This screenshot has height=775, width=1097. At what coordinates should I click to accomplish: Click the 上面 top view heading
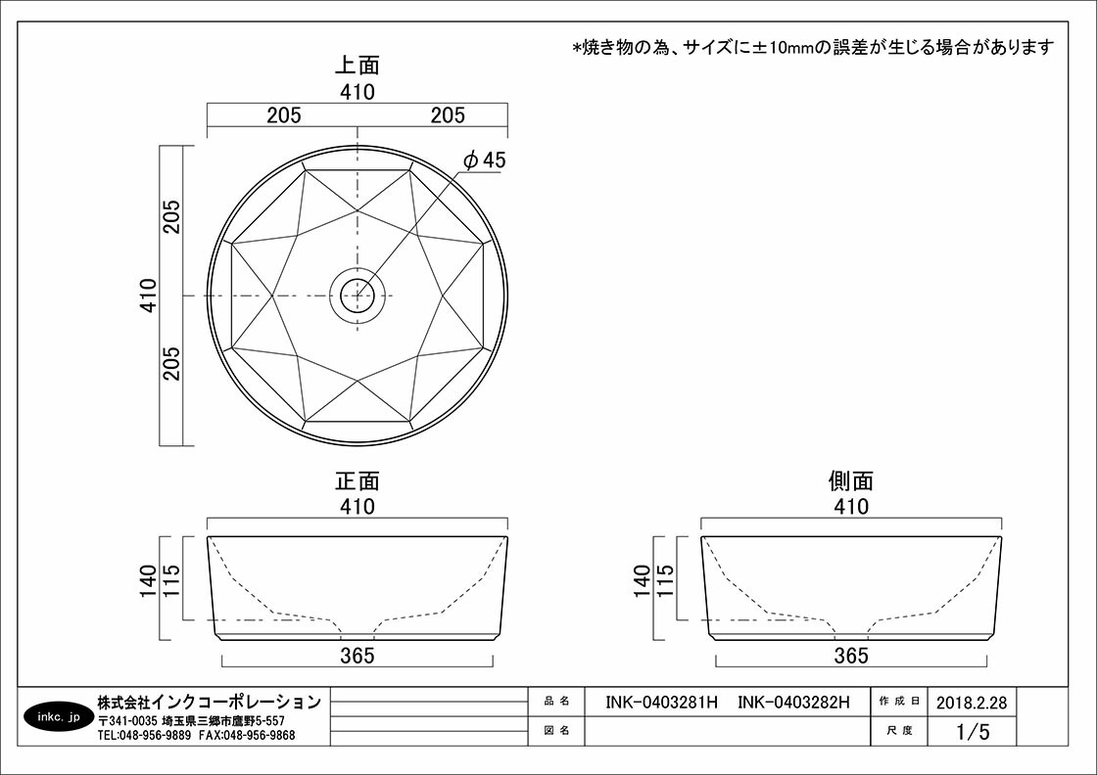point(357,65)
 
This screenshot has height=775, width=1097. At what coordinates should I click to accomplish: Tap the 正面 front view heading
point(357,480)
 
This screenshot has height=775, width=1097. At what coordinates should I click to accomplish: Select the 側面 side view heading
point(851,480)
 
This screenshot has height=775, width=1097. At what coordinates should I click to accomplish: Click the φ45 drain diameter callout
point(484,160)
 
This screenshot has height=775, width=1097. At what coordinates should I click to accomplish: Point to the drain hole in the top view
point(358,296)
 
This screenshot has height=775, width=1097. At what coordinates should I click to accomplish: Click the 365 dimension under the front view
point(358,656)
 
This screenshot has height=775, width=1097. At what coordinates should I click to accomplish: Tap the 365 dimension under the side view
point(851,656)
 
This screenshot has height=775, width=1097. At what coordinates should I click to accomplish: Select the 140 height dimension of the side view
point(643,580)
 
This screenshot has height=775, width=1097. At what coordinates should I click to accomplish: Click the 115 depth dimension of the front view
point(171,580)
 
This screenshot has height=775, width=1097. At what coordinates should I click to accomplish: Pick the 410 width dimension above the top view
point(358,92)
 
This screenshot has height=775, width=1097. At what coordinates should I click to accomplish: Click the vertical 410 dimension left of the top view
point(148,295)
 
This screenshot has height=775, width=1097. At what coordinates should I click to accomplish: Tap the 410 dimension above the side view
point(851,506)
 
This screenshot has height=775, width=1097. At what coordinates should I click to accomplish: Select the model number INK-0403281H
point(662,703)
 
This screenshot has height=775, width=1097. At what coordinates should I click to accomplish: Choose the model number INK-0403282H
point(793,703)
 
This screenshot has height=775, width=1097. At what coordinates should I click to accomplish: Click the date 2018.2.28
point(972,703)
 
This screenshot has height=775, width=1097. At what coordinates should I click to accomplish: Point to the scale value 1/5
point(974,732)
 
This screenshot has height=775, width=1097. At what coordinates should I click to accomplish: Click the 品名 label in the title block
point(557,702)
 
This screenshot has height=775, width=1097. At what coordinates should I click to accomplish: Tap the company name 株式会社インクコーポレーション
point(210,701)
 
